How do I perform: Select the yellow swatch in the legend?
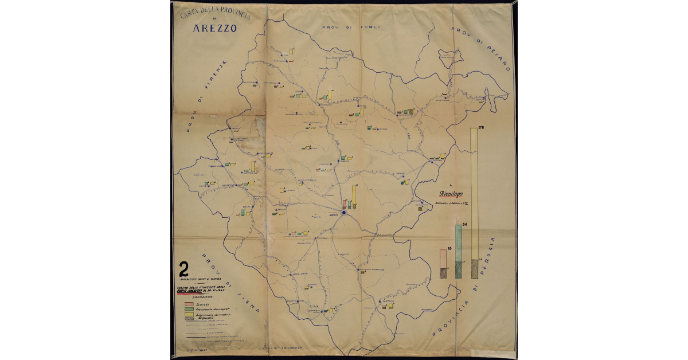pyautogui.click(x=187, y=315)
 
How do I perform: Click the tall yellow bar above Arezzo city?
pyautogui.click(x=355, y=197)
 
